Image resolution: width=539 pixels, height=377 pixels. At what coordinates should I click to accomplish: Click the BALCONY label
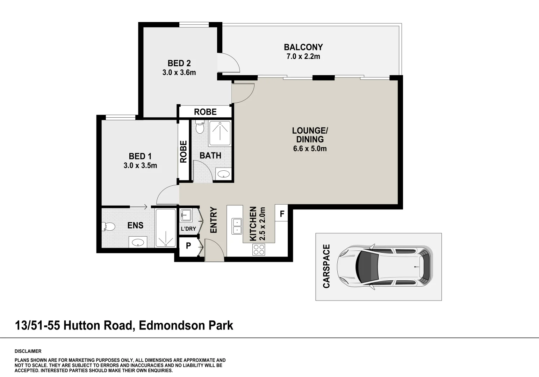[x=303, y=47]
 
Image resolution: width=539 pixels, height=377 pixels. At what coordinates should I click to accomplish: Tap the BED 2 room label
[x=179, y=64]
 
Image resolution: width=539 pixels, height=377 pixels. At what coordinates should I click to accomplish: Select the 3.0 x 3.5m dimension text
[x=140, y=165]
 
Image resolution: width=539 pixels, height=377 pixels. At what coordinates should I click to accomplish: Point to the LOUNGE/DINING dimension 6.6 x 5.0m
[x=310, y=149]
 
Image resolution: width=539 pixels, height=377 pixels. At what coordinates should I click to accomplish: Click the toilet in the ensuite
[x=108, y=226]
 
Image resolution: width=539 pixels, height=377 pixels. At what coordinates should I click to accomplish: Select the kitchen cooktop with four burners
[x=259, y=249]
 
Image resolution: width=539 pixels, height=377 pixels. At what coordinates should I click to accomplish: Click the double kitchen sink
[x=237, y=226]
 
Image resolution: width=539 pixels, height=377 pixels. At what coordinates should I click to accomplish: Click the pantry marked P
[x=189, y=246]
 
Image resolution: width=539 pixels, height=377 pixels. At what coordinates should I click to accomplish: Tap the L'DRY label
[x=188, y=229]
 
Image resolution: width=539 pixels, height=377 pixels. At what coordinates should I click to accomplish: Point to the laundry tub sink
[x=186, y=215]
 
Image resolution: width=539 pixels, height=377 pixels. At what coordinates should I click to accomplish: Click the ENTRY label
[x=214, y=220]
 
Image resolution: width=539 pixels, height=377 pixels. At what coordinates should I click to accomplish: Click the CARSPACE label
[x=326, y=266]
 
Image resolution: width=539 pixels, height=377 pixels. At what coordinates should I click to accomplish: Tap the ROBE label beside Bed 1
[x=183, y=151]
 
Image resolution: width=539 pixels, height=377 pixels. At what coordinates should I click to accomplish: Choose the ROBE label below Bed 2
[x=205, y=112]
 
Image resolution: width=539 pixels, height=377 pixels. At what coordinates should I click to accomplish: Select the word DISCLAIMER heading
[x=28, y=351]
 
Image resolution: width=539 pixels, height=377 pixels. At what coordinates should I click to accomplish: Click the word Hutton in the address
[x=82, y=326]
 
